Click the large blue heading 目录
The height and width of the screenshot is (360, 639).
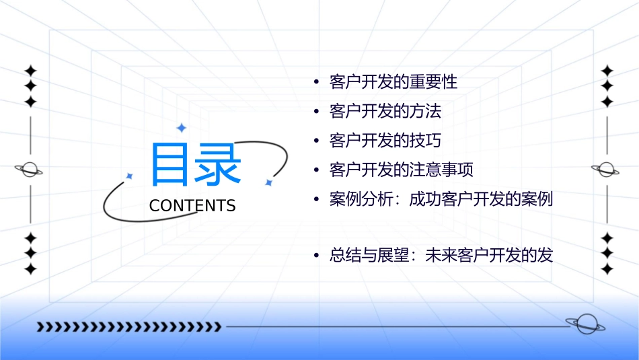pyautogui.click(x=196, y=166)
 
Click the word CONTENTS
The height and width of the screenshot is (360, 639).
pyautogui.click(x=192, y=206)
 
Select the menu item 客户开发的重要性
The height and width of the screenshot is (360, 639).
pyautogui.click(x=393, y=83)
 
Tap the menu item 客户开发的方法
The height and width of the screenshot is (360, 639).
pyautogui.click(x=385, y=111)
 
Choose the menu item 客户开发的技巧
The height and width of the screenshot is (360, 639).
pyautogui.click(x=385, y=141)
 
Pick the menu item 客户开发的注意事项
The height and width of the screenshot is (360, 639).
pyautogui.click(x=402, y=170)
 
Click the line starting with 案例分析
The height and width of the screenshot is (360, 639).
pyautogui.click(x=441, y=200)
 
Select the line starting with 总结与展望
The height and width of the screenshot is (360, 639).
pyautogui.click(x=441, y=256)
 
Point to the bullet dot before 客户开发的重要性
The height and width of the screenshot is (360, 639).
pyautogui.click(x=316, y=83)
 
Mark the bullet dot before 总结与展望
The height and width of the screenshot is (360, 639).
pyautogui.click(x=316, y=256)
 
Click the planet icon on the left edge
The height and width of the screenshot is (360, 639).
pyautogui.click(x=29, y=170)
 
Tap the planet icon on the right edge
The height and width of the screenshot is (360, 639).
pyautogui.click(x=605, y=170)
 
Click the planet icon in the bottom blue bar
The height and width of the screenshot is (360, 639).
pyautogui.click(x=585, y=325)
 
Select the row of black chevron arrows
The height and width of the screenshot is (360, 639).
pyautogui.click(x=128, y=327)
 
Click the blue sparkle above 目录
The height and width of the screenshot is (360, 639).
pyautogui.click(x=181, y=128)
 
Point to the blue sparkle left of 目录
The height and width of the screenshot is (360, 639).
pyautogui.click(x=130, y=176)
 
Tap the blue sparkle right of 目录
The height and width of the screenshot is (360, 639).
pyautogui.click(x=268, y=182)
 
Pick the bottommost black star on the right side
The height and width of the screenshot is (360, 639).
pyautogui.click(x=607, y=269)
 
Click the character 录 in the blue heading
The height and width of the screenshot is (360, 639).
pyautogui.click(x=218, y=166)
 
